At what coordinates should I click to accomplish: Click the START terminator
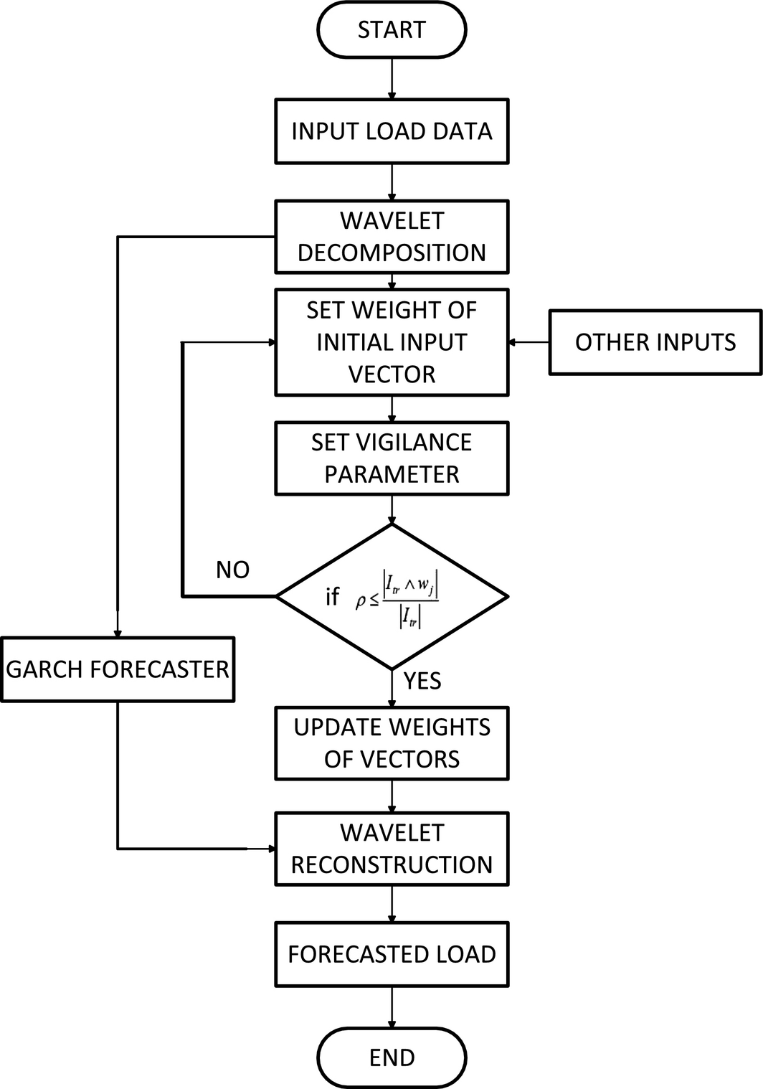pos(392,30)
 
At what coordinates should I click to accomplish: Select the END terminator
pos(392,1057)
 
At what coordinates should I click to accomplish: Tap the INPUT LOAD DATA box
pos(392,131)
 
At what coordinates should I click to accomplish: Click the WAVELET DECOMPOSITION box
pos(392,237)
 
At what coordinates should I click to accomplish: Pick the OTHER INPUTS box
pos(655,342)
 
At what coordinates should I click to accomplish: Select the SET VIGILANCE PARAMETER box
pos(392,458)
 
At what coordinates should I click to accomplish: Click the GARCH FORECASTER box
pos(118,669)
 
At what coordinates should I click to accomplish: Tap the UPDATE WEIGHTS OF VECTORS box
pos(392,743)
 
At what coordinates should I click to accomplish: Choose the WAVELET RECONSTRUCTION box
pos(392,849)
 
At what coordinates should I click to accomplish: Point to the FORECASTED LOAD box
pos(392,954)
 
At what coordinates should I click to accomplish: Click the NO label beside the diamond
pos(232,570)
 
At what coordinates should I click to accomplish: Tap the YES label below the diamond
pos(422,681)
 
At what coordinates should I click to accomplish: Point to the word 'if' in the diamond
pos(332,597)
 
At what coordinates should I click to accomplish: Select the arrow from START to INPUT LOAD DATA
pos(392,79)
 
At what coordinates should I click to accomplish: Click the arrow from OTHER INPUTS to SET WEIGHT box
pos(529,342)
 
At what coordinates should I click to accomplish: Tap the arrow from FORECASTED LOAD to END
pos(392,1007)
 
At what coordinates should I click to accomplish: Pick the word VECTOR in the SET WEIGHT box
pos(392,374)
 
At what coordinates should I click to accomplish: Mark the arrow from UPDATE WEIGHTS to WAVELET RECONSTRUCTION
pos(392,796)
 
